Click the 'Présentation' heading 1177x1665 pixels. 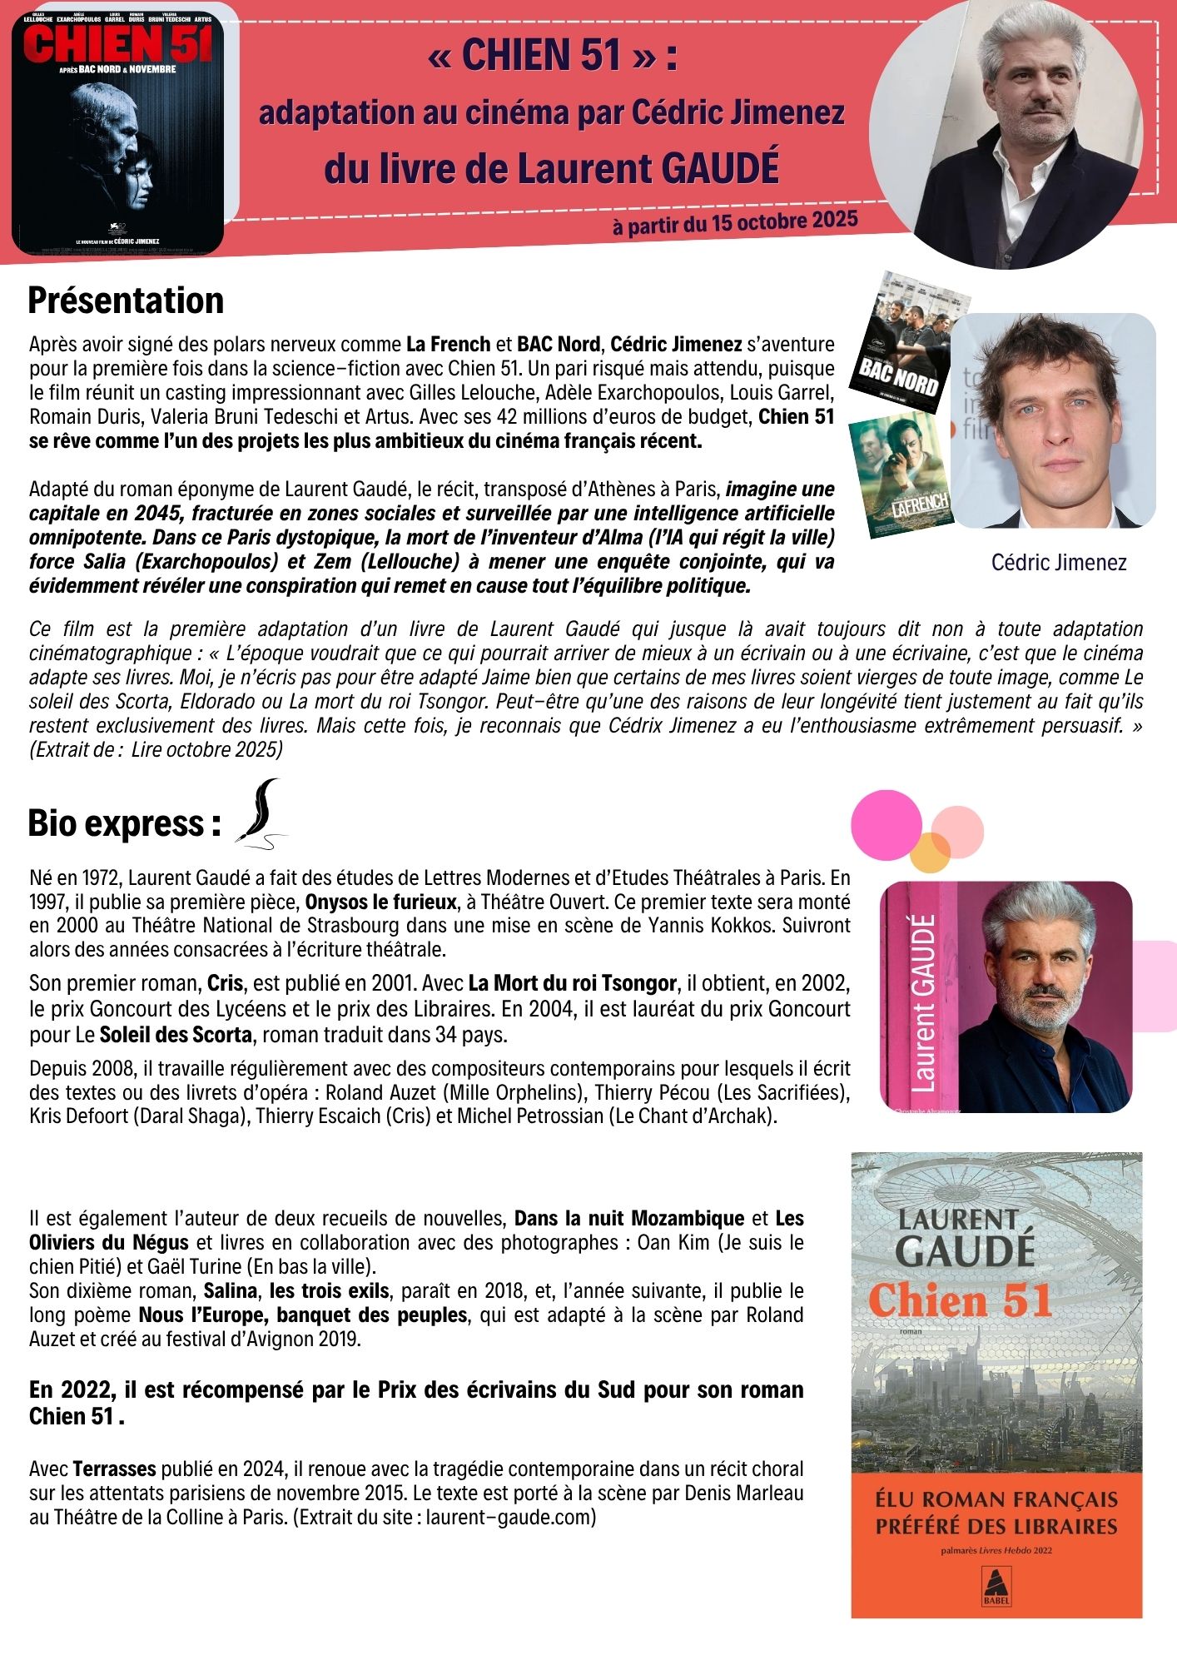(126, 301)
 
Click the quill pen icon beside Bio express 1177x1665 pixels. (261, 814)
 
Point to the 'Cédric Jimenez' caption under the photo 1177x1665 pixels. (1058, 563)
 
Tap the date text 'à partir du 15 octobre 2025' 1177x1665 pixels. (735, 223)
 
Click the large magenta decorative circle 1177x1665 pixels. (886, 824)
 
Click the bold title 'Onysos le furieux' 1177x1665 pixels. (380, 901)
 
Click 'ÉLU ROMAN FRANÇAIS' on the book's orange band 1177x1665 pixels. (996, 1499)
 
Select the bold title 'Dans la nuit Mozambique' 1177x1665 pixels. (629, 1219)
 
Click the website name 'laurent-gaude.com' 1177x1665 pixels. (509, 1517)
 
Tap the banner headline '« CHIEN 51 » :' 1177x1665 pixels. (553, 56)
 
